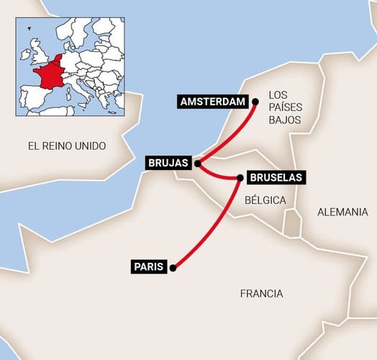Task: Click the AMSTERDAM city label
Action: tap(212, 102)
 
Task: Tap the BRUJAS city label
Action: tap(168, 163)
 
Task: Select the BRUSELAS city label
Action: tap(276, 176)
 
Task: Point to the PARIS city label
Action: tap(150, 267)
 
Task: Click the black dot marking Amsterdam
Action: tap(254, 102)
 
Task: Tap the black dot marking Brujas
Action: tap(197, 163)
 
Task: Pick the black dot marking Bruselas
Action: tap(240, 177)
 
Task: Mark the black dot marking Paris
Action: tap(173, 268)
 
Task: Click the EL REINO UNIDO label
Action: tap(67, 146)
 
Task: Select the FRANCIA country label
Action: tap(261, 294)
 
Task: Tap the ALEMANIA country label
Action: tap(342, 212)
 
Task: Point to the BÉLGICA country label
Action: tap(265, 199)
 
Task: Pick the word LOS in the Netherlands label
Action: tap(278, 94)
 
